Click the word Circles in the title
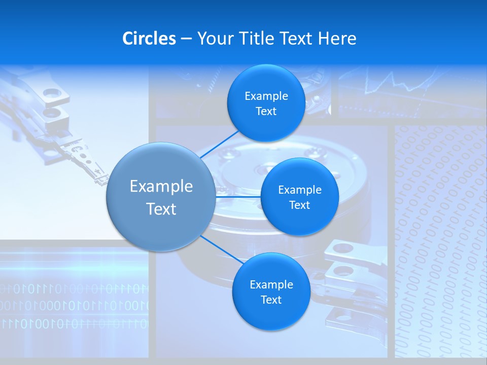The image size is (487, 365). [149, 39]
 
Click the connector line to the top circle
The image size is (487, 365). [219, 144]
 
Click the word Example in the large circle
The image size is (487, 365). [161, 186]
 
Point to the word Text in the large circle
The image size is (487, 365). [161, 209]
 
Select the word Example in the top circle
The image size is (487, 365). [266, 96]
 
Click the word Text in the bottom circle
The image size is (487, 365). [271, 300]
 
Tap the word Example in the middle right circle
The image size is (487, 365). [299, 190]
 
